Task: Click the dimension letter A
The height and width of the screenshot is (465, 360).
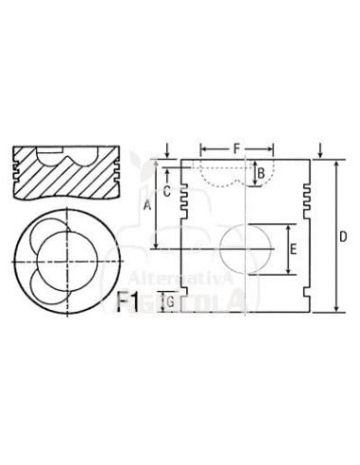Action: tap(146, 204)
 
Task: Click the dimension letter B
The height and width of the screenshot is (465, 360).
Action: tap(261, 173)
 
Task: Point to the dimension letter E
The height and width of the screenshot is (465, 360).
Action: tap(294, 250)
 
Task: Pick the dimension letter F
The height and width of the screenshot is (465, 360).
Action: tap(236, 148)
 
